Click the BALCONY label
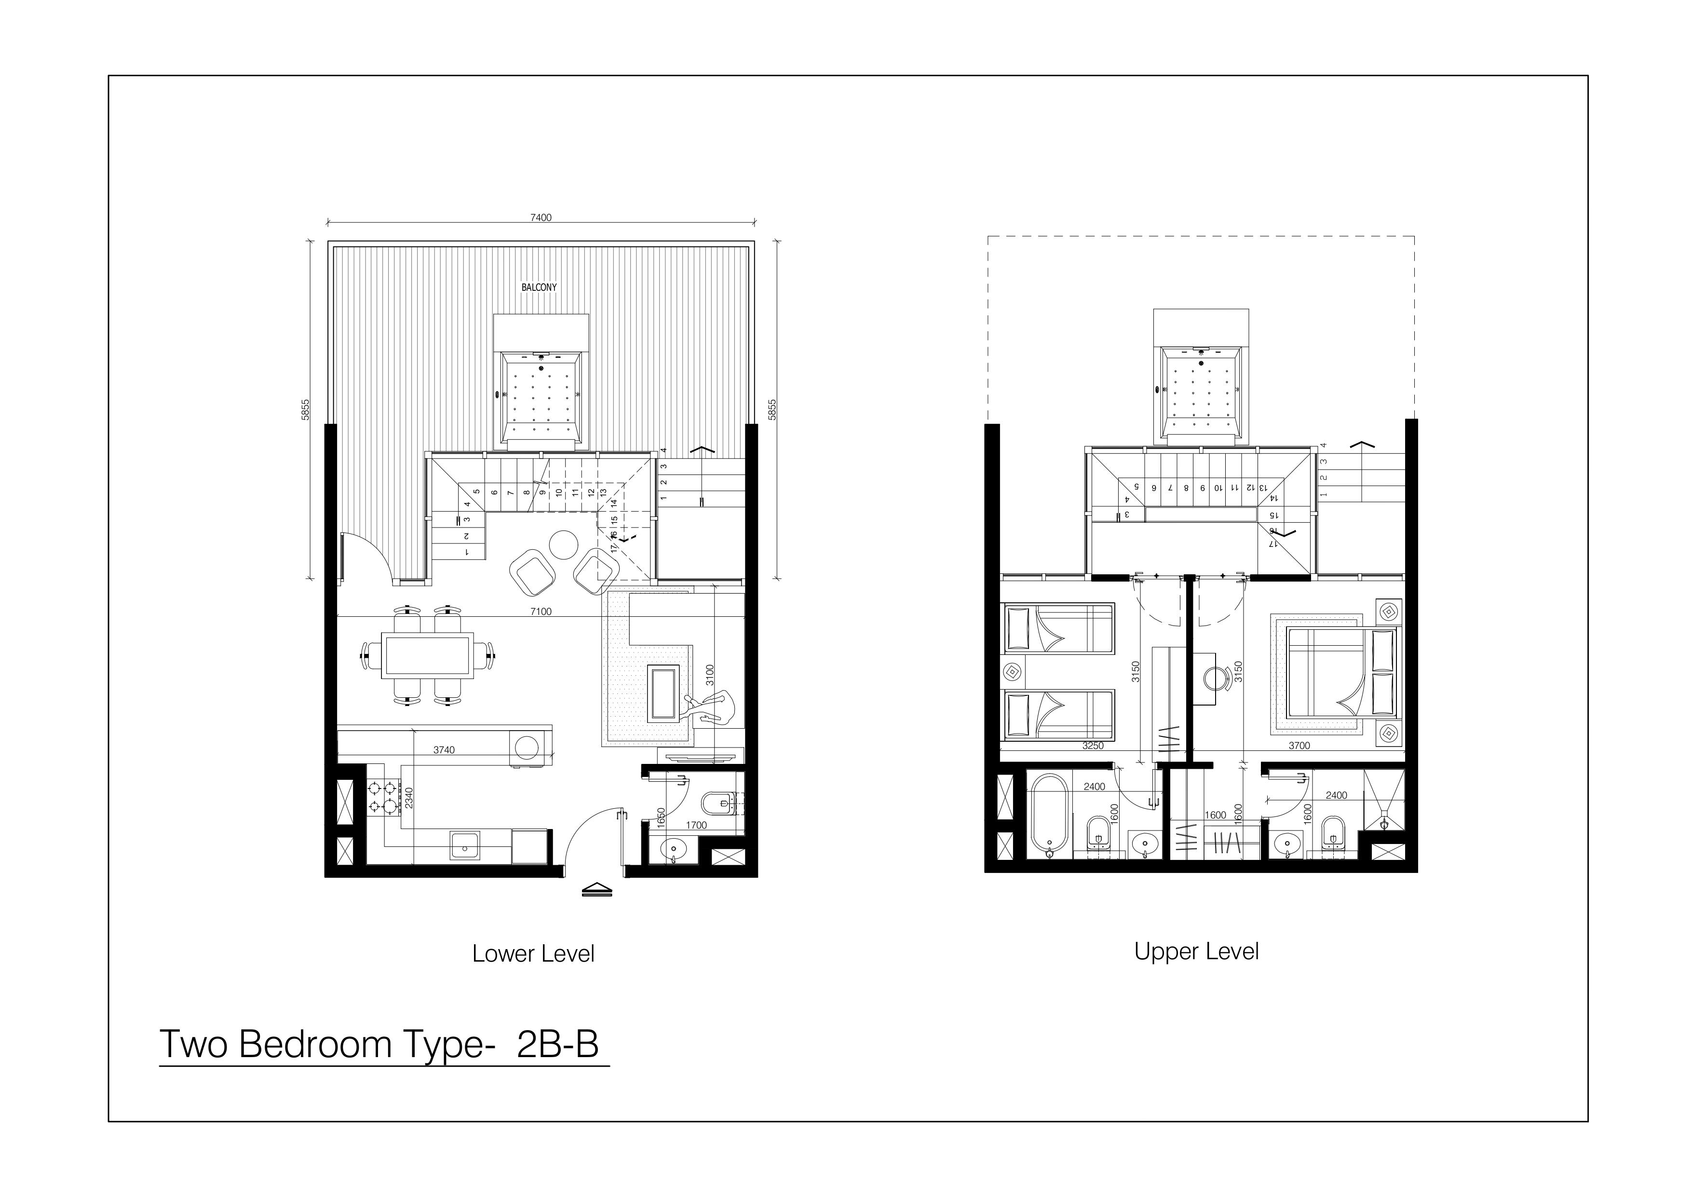click(x=539, y=287)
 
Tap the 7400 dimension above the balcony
click(x=541, y=217)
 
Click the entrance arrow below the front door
click(x=597, y=890)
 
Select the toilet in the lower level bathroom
click(x=718, y=802)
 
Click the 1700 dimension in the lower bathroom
click(x=696, y=825)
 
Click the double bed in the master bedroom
click(x=1341, y=672)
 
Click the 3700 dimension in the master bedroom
click(x=1299, y=746)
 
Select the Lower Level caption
click(x=533, y=953)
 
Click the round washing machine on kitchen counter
click(x=526, y=747)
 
